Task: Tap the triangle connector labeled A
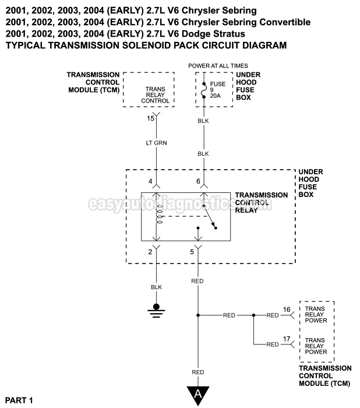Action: [197, 395]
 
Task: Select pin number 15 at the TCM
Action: [151, 118]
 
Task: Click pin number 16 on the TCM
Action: [286, 309]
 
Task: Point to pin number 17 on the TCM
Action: [286, 338]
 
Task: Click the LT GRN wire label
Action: [156, 142]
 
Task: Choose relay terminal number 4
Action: [150, 182]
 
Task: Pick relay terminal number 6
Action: [198, 182]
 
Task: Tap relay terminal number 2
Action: [150, 252]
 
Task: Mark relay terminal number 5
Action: [192, 252]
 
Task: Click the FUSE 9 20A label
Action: [217, 90]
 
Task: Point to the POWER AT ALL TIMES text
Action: [218, 66]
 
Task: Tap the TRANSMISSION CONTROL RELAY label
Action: [261, 202]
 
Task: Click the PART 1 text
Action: [19, 400]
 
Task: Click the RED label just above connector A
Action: [198, 372]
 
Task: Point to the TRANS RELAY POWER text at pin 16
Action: [316, 315]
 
